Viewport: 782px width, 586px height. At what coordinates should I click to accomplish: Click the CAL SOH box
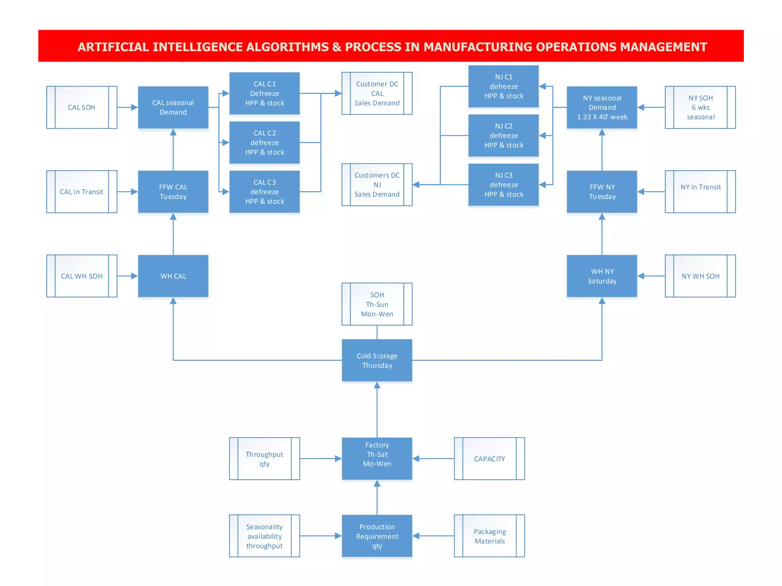click(x=82, y=107)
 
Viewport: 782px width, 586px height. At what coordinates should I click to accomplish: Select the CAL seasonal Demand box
click(x=173, y=107)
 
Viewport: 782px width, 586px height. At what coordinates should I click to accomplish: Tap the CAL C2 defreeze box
click(x=264, y=142)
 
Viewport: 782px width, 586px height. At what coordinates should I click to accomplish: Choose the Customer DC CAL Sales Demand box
click(x=377, y=93)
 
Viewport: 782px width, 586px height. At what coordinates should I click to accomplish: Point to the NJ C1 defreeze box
click(x=503, y=86)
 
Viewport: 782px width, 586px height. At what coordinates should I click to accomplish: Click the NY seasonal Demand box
click(x=602, y=107)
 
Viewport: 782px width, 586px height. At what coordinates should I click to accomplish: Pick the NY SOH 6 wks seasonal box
click(x=700, y=107)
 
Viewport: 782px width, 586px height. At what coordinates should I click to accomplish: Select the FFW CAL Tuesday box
click(x=173, y=192)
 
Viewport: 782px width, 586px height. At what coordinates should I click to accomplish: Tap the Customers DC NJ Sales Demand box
click(x=377, y=185)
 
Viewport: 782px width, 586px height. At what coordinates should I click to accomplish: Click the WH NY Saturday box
click(x=602, y=276)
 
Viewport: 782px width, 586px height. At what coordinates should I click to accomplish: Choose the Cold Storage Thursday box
click(x=377, y=360)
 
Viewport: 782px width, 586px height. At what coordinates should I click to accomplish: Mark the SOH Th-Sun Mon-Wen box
click(x=377, y=304)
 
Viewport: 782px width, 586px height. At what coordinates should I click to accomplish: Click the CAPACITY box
click(x=489, y=459)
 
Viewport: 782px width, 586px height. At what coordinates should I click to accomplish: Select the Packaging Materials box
click(x=489, y=536)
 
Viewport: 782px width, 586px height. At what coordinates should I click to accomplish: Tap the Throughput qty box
click(x=264, y=459)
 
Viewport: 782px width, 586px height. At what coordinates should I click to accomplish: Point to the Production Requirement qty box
click(x=377, y=536)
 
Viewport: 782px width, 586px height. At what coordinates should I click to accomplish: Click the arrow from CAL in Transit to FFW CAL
click(x=127, y=192)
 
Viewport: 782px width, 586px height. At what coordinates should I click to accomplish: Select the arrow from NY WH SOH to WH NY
click(x=651, y=276)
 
